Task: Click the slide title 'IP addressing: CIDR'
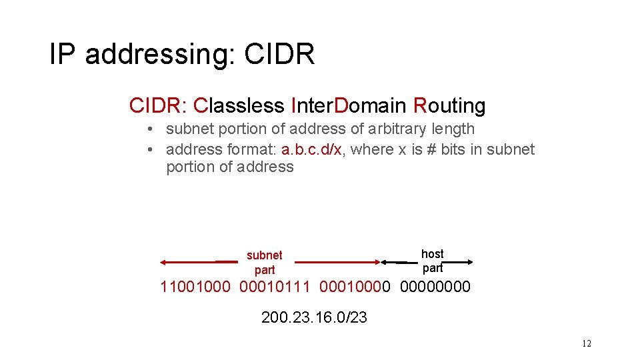pyautogui.click(x=181, y=54)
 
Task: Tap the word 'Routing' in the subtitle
pyautogui.click(x=449, y=105)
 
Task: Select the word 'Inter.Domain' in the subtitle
pyautogui.click(x=349, y=105)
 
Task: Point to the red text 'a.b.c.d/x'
pyautogui.click(x=311, y=149)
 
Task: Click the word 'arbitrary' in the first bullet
pyautogui.click(x=382, y=129)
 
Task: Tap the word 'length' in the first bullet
pyautogui.click(x=450, y=129)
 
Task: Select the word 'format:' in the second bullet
pyautogui.click(x=250, y=149)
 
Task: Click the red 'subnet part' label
pyautogui.click(x=264, y=262)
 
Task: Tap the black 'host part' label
pyautogui.click(x=432, y=261)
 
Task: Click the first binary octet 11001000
pyautogui.click(x=195, y=287)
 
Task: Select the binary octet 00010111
pyautogui.click(x=275, y=287)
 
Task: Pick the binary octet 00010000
pyautogui.click(x=355, y=287)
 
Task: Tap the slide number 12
pyautogui.click(x=586, y=344)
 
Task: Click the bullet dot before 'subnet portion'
pyautogui.click(x=152, y=129)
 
